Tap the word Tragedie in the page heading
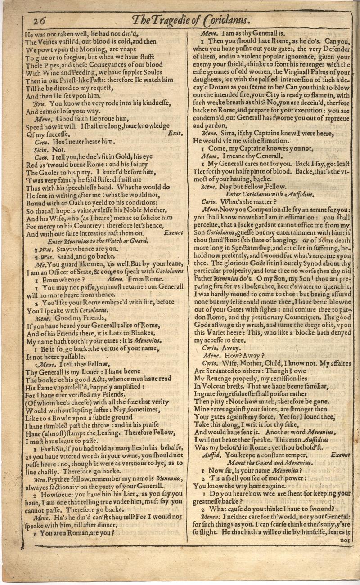point(182,21)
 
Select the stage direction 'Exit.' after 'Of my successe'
point(174,134)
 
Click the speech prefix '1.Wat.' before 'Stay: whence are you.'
point(41,248)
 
